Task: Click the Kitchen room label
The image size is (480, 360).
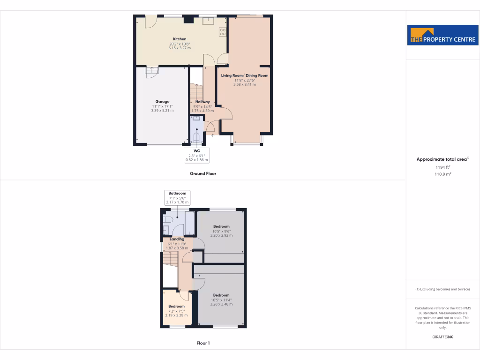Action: tap(180, 39)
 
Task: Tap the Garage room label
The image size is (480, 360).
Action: tap(163, 102)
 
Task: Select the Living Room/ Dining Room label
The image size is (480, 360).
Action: tap(245, 75)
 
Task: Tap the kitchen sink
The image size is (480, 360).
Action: tap(208, 20)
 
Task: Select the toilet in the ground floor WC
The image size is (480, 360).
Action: tap(196, 138)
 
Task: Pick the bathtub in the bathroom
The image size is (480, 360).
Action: tap(190, 224)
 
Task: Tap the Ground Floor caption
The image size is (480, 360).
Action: tap(203, 173)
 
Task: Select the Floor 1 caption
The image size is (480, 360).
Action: tap(203, 343)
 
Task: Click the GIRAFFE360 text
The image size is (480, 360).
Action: tap(443, 337)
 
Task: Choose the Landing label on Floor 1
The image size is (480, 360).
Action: tap(177, 239)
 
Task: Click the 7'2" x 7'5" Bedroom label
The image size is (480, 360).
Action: tap(176, 307)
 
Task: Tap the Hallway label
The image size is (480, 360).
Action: tap(202, 102)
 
